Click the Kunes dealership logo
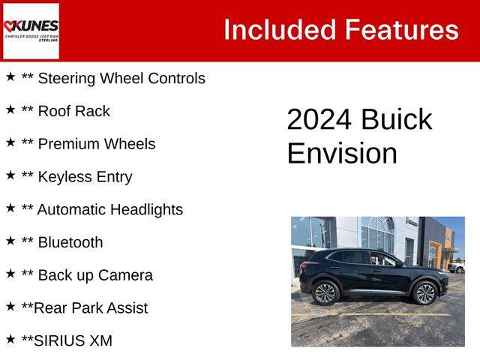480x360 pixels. (31, 31)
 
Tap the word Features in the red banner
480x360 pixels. (402, 30)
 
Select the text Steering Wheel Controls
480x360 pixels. (121, 78)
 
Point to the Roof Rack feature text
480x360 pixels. (73, 111)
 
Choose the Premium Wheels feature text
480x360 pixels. (97, 144)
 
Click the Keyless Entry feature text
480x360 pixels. (85, 177)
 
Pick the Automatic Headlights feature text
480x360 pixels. (110, 210)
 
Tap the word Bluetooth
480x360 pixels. (70, 242)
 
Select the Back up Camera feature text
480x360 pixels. (95, 275)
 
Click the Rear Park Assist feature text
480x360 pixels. (91, 308)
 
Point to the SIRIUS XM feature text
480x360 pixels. (73, 340)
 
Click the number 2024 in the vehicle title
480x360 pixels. (319, 119)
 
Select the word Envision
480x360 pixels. (342, 153)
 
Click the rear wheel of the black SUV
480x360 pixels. (325, 293)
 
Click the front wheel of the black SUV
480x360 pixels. (425, 293)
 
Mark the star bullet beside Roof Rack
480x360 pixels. (10, 109)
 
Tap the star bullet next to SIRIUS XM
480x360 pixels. (10, 339)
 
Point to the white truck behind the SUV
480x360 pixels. (456, 266)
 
